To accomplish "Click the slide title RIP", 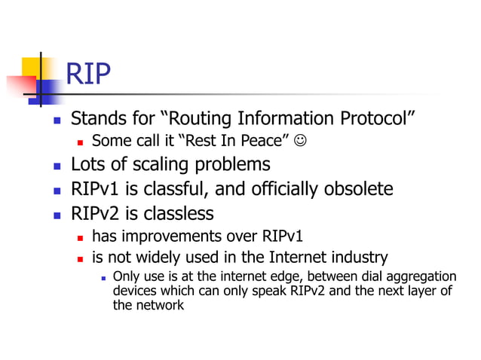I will coord(88,74).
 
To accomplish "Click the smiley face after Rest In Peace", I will coord(302,141).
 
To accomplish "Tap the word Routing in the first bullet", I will coord(199,119).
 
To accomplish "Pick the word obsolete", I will coord(358,188).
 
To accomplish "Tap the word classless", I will coord(178,212).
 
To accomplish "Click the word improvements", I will coord(171,236).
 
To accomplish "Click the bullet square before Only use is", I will coord(103,279).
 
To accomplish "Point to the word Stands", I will coord(95,119).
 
